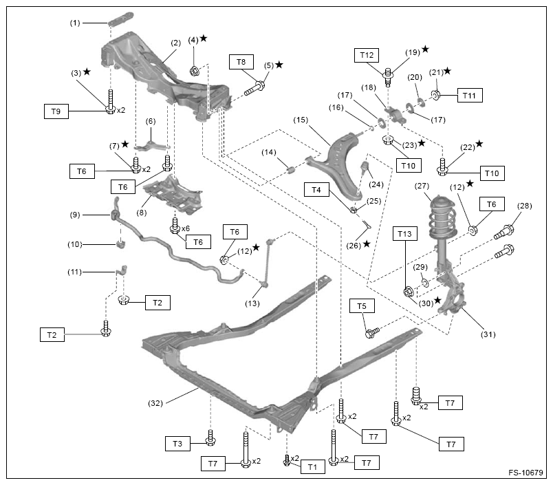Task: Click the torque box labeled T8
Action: [x=241, y=63]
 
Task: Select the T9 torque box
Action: [x=57, y=110]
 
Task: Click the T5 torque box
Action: [x=361, y=305]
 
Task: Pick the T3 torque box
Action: [x=177, y=444]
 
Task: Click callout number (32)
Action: [x=155, y=403]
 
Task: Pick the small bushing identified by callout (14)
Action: [x=290, y=169]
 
